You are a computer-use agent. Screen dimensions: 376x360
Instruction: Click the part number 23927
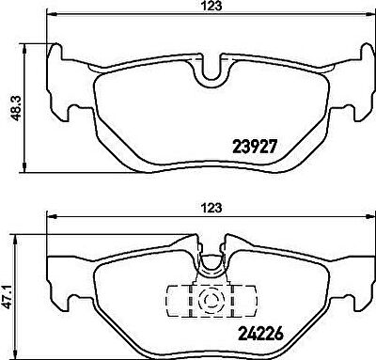click(255, 147)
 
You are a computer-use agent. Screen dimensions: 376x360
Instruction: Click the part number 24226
click(260, 334)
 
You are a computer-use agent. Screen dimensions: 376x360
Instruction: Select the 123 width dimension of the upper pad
click(211, 7)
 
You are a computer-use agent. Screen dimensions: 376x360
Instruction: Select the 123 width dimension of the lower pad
click(211, 208)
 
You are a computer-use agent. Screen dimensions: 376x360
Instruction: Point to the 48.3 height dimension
click(15, 108)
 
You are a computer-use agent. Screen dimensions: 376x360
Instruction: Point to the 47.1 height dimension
click(8, 297)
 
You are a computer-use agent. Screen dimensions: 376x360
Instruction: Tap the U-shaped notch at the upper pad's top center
click(211, 71)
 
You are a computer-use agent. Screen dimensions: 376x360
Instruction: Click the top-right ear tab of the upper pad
click(368, 51)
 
